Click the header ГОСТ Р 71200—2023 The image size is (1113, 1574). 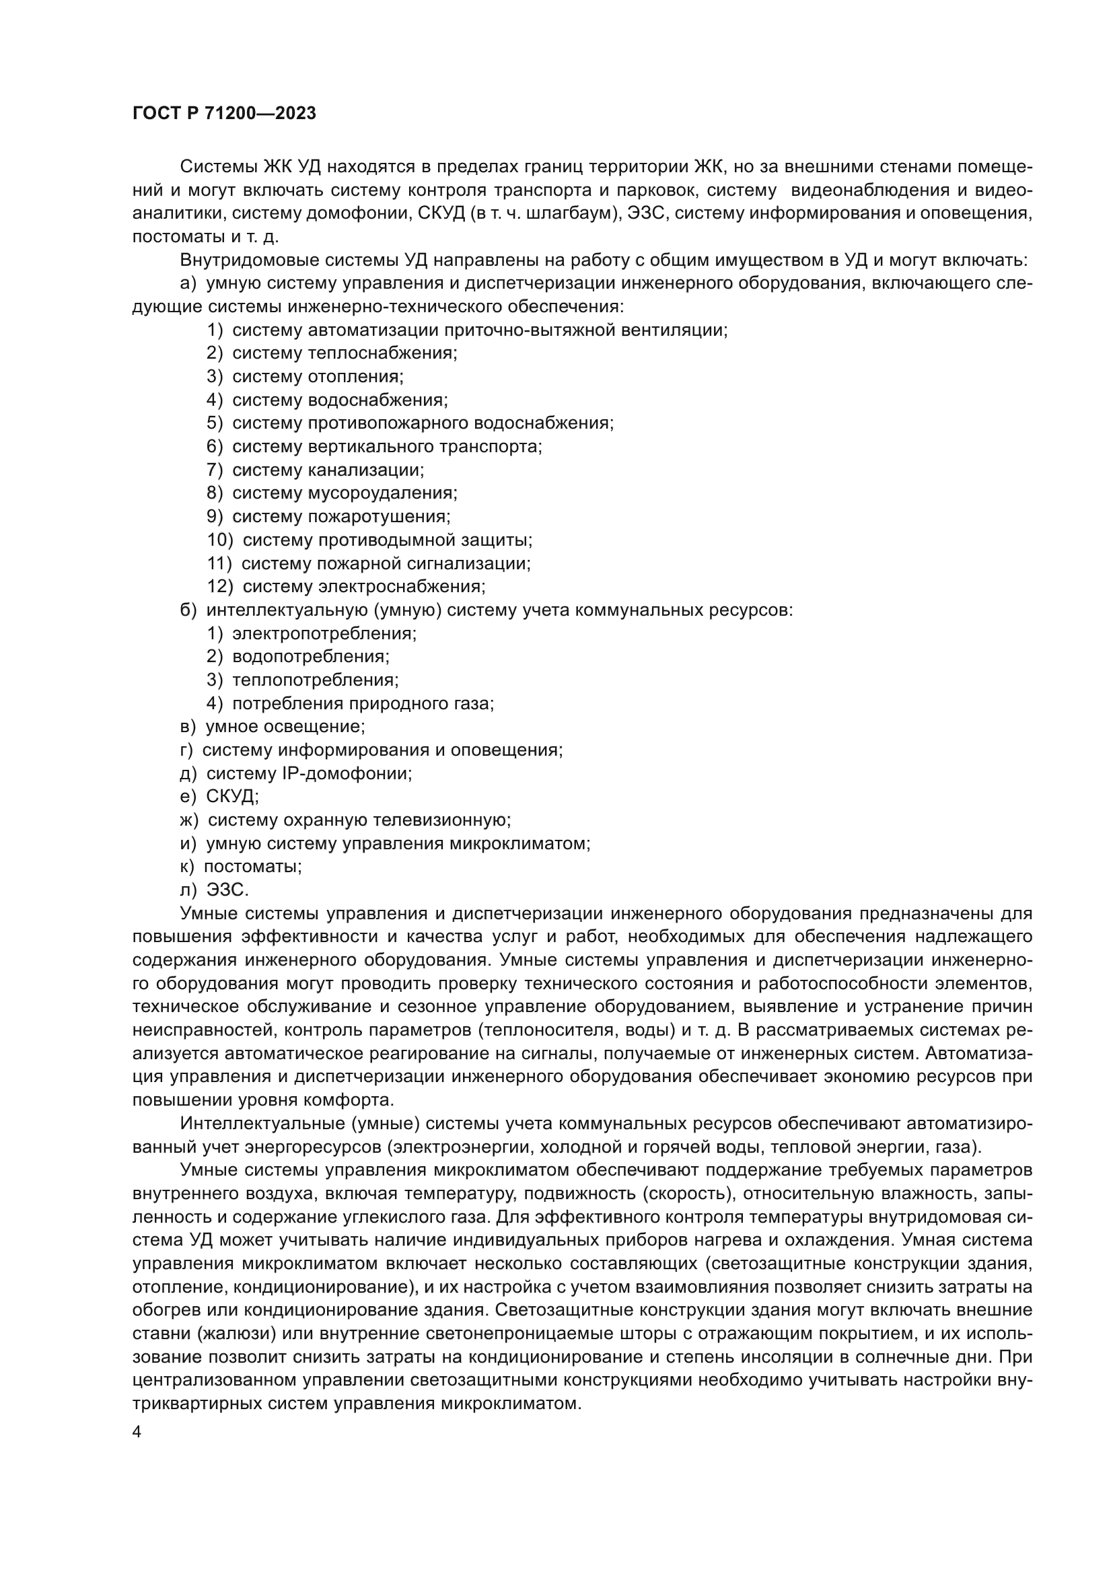pos(224,114)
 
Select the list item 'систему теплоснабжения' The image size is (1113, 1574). pos(344,353)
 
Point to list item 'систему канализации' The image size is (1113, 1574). pos(328,470)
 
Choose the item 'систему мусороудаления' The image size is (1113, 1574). pos(344,493)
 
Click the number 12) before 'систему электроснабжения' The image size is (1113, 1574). pos(220,586)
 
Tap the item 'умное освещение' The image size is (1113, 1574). pos(285,726)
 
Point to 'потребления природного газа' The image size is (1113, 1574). pos(363,703)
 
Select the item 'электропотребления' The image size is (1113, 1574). pos(324,633)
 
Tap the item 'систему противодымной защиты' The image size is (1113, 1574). pos(387,540)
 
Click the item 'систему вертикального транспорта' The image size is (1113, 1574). pos(386,446)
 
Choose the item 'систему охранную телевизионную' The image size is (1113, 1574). pos(359,820)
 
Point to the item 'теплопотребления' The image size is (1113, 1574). pos(315,680)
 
